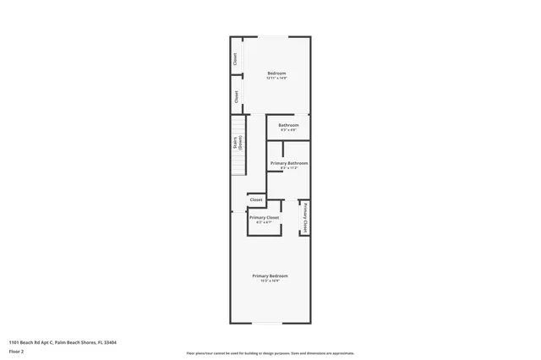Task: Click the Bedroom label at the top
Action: coord(276,73)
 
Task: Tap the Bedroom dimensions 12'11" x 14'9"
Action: coord(276,79)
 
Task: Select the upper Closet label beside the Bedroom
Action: coord(236,59)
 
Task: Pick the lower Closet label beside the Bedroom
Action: coord(236,96)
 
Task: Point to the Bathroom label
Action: coord(288,125)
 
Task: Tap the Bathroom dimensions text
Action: coord(288,130)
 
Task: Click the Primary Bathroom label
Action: coord(288,162)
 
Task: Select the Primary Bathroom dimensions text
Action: coord(288,168)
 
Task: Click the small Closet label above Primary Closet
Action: coord(255,200)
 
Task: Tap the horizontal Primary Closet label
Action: coord(264,217)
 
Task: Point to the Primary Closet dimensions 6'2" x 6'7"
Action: coord(264,223)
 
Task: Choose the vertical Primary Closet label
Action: coord(304,217)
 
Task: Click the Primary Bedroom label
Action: coord(270,275)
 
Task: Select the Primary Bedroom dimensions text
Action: coord(270,281)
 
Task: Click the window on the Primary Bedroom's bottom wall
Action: coord(270,322)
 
